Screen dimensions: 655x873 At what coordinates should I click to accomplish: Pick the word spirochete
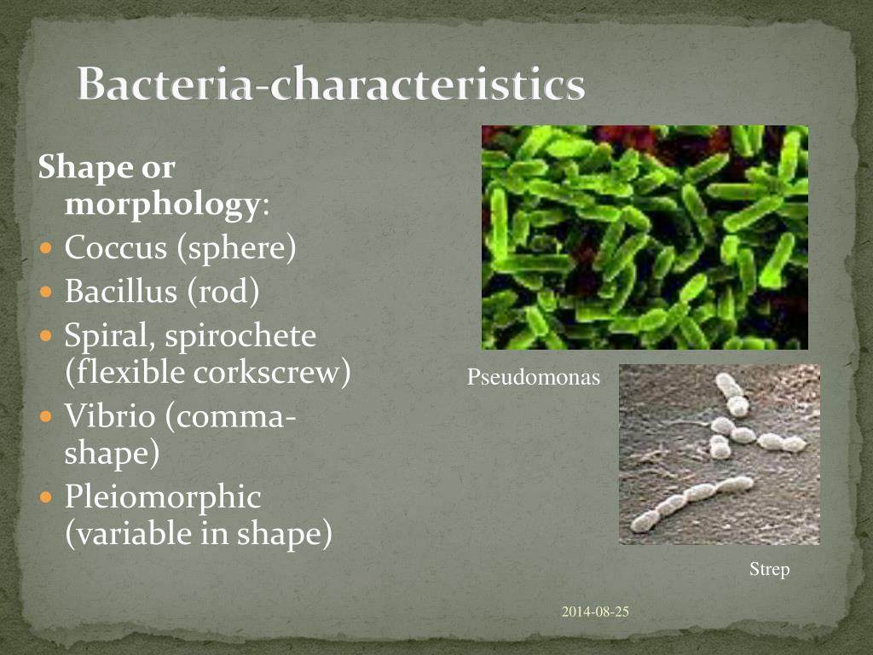(240, 336)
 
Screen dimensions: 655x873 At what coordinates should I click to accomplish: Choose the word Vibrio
(108, 416)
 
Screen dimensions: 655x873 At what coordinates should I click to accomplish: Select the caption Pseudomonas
(534, 376)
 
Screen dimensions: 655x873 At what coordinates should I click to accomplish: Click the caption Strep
(769, 569)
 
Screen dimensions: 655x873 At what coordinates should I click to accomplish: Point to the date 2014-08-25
(595, 611)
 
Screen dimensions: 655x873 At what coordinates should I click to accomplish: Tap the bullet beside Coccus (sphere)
(47, 249)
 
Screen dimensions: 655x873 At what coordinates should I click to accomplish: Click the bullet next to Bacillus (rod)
(47, 293)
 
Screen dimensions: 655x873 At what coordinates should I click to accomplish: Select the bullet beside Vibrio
(47, 417)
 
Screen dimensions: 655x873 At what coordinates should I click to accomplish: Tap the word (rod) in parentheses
(223, 292)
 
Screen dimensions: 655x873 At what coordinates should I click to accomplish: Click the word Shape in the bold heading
(81, 168)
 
